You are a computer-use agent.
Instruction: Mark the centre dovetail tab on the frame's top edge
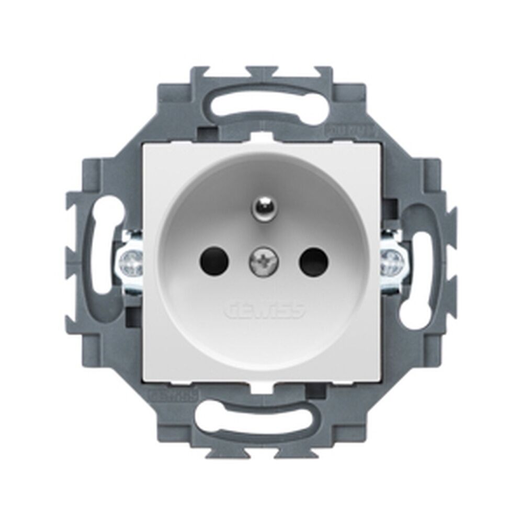[x=261, y=71]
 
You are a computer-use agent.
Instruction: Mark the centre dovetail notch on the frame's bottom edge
[x=261, y=451]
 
